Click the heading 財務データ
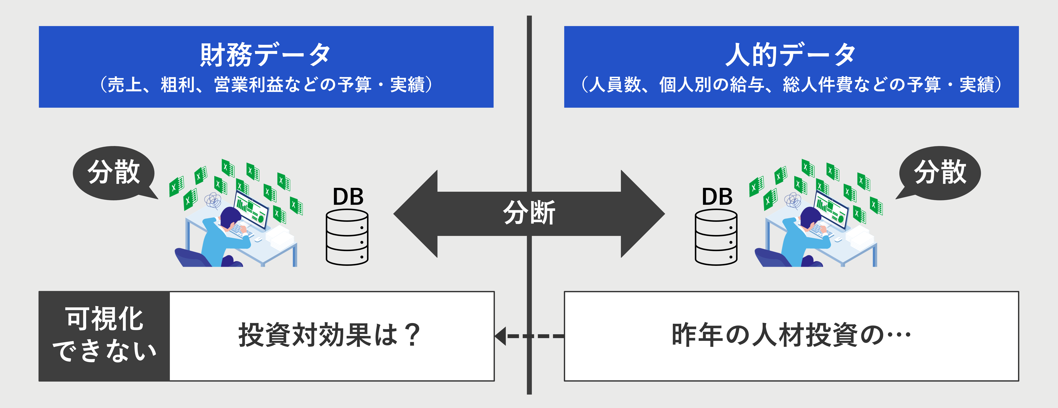click(x=266, y=55)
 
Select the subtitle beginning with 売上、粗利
click(x=266, y=85)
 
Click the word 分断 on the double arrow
click(x=529, y=213)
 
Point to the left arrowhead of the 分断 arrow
click(x=415, y=214)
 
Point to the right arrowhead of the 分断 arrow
click(x=643, y=214)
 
